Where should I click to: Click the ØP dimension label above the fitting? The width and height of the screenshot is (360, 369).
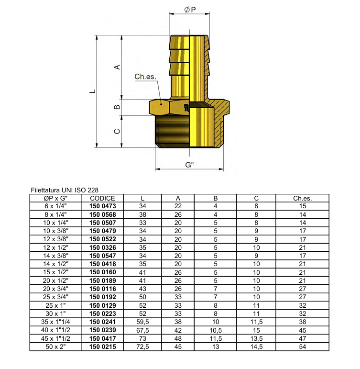[190, 10]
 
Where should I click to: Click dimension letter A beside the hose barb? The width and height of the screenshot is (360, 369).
[116, 67]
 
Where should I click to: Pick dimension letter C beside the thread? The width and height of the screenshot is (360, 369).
[116, 131]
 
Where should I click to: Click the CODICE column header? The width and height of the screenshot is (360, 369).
[103, 198]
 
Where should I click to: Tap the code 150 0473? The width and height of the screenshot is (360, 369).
[103, 206]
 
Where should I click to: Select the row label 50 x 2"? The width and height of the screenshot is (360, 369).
[56, 346]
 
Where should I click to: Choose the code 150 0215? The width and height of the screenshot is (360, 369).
[103, 346]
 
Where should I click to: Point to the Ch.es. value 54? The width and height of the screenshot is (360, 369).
[302, 346]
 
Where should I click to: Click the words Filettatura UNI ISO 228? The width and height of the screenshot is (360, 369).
[64, 190]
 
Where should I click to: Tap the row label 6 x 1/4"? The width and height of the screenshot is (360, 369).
[56, 206]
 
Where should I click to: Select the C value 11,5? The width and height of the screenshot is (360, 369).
[256, 321]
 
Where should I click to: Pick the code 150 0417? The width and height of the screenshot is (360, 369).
[103, 337]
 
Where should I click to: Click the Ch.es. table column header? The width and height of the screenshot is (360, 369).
[302, 198]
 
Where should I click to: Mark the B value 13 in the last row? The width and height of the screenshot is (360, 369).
[216, 346]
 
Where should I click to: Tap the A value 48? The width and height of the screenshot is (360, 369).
[178, 337]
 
